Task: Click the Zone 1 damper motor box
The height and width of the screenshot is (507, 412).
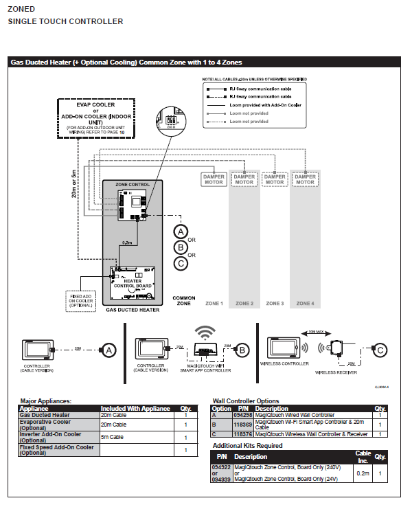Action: coord(214,179)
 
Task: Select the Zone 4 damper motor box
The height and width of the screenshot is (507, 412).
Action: coord(305,179)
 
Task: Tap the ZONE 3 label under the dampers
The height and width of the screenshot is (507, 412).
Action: coord(275,303)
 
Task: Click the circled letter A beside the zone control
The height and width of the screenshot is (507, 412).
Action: coord(181,231)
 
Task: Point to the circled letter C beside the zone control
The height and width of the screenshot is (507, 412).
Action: coord(181,263)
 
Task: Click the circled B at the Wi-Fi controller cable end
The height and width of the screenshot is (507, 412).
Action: coord(242,350)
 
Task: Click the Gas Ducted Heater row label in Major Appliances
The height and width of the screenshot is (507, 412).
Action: coord(45,415)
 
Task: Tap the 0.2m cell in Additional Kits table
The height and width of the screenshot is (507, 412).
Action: coord(363,473)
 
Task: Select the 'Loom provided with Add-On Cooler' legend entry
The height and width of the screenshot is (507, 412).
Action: coord(265,105)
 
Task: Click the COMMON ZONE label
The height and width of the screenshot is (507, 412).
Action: coord(183,300)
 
